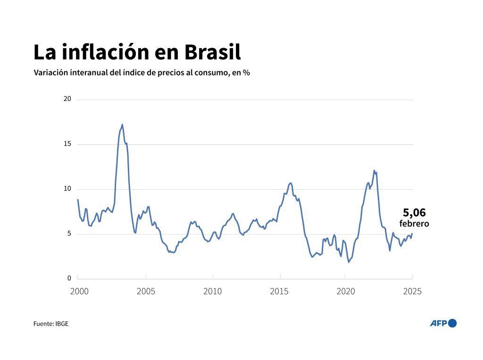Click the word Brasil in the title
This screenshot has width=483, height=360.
(x=212, y=52)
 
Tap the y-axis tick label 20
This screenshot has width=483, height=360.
(x=67, y=99)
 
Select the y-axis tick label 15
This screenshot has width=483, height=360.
(x=67, y=144)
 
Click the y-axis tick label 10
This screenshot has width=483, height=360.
(x=67, y=189)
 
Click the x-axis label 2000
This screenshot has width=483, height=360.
(x=79, y=291)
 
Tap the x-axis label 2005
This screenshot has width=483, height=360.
(x=146, y=291)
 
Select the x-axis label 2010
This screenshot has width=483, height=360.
(x=213, y=291)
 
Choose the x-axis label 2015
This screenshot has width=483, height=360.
(x=280, y=291)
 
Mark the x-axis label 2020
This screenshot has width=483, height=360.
(x=346, y=291)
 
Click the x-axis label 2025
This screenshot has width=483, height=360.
(x=412, y=291)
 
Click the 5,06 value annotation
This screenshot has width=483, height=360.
(x=414, y=213)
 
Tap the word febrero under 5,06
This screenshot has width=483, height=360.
(x=414, y=224)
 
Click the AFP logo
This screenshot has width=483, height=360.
(x=443, y=323)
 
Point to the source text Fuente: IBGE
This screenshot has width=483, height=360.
(x=51, y=324)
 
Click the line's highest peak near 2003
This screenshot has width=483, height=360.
(x=122, y=125)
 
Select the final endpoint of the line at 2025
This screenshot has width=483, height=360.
(x=412, y=234)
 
